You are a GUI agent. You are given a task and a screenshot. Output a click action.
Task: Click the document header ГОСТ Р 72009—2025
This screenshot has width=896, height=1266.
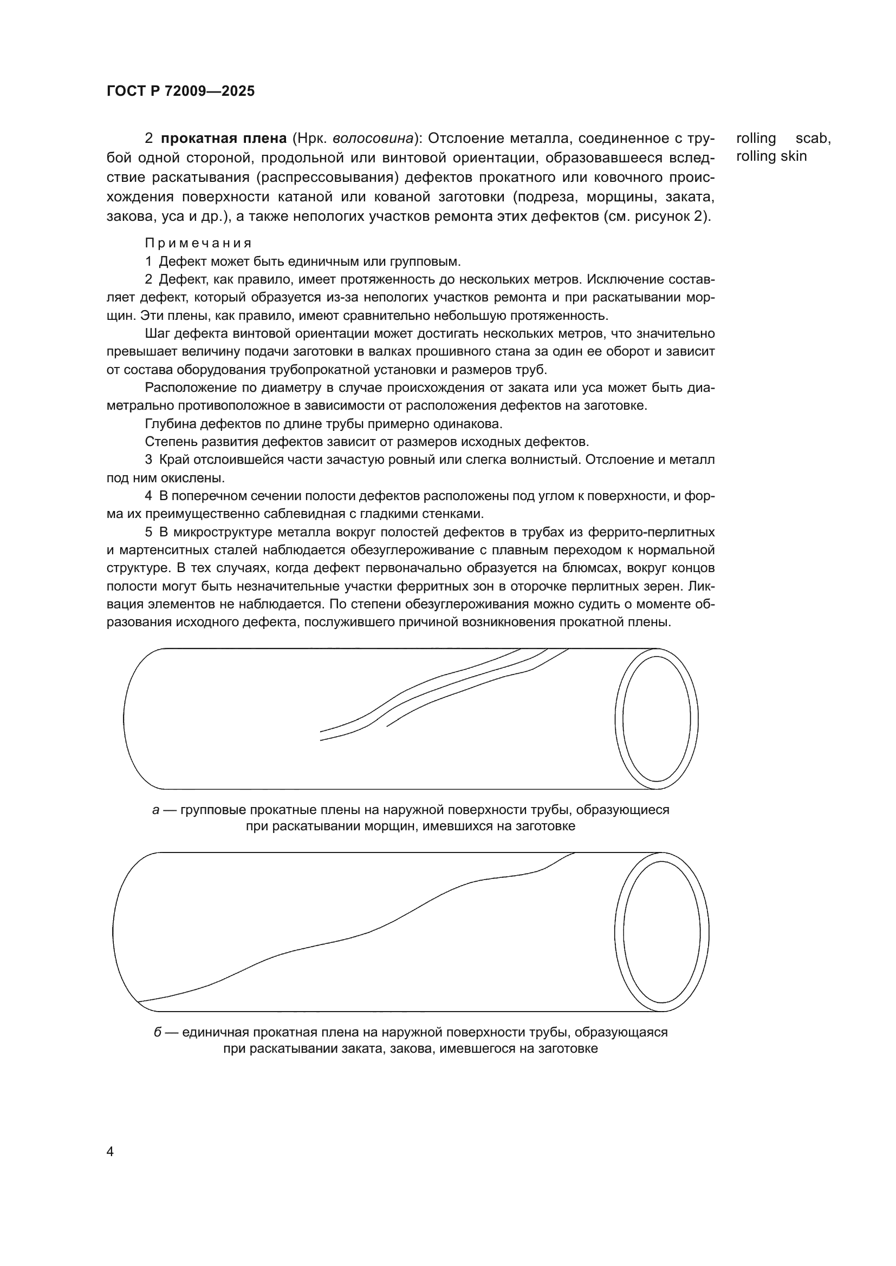pyautogui.click(x=180, y=91)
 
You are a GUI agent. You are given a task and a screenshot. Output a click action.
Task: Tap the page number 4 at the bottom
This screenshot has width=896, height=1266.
pyautogui.click(x=110, y=1152)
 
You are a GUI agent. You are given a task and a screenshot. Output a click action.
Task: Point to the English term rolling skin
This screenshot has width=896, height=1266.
pyautogui.click(x=771, y=156)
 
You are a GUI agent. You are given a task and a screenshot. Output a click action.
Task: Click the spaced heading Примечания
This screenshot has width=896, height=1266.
pyautogui.click(x=198, y=243)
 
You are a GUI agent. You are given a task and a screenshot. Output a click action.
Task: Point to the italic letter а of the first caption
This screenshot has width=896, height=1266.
pyautogui.click(x=155, y=810)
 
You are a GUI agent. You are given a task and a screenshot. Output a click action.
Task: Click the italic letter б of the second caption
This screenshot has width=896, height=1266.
pyautogui.click(x=157, y=1032)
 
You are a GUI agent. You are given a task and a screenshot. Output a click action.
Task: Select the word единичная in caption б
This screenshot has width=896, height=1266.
pyautogui.click(x=214, y=1032)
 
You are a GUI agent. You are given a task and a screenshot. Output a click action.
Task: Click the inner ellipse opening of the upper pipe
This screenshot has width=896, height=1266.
pyautogui.click(x=657, y=719)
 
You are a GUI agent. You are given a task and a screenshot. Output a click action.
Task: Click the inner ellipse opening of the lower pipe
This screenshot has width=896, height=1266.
pyautogui.click(x=661, y=933)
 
